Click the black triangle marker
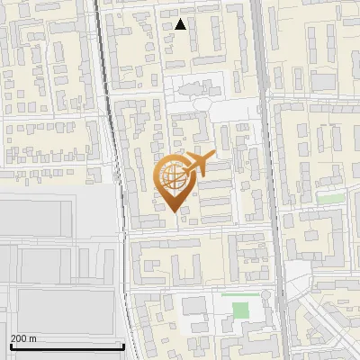pos(181,24)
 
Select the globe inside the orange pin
pos(171,175)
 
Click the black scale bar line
pos(67,346)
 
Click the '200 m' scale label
pos(23,338)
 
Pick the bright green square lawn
pos(240,310)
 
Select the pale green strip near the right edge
pos(330,198)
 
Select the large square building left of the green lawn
pos(194,305)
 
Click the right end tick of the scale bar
pos(123,345)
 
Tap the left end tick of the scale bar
pos(10,345)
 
